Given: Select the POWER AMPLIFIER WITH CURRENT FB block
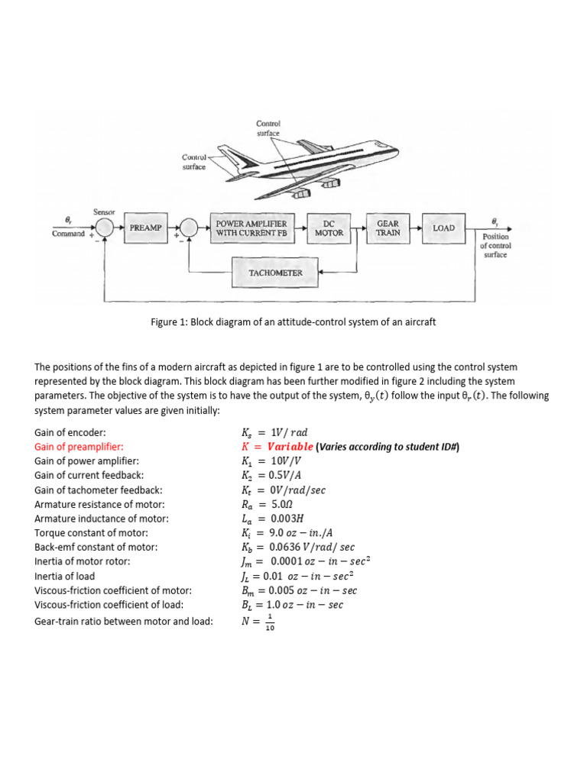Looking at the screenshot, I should click(x=251, y=228).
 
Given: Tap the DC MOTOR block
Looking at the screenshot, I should click(x=329, y=228).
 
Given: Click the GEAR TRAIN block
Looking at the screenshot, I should click(x=388, y=228).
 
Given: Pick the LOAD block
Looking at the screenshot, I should click(x=443, y=228).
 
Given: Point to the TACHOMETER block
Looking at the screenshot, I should click(x=275, y=272).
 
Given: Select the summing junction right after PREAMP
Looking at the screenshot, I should click(x=187, y=228).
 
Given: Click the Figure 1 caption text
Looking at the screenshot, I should click(x=293, y=322).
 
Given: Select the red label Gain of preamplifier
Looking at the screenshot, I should click(x=79, y=447).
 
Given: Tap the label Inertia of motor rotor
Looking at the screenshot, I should click(x=83, y=561).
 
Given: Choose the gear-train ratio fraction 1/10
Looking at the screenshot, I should click(x=268, y=623).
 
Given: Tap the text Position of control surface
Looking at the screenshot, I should click(x=495, y=246).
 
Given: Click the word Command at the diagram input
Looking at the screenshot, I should click(x=68, y=234).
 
